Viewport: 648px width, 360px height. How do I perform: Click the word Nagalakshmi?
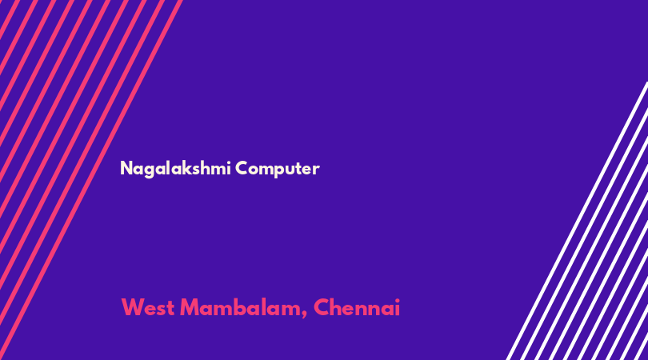coord(175,169)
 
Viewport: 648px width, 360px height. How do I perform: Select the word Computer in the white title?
coord(278,169)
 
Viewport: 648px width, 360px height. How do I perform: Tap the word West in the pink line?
coord(147,308)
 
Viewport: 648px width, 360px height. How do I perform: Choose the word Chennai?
coord(357,307)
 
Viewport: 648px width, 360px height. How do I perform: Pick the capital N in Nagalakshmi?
coord(126,168)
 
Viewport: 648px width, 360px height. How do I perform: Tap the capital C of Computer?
coord(242,168)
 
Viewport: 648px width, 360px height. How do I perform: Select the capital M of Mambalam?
coord(190,307)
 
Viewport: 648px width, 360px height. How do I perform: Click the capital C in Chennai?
coord(321,307)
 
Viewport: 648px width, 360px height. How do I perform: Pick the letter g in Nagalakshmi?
coord(149,170)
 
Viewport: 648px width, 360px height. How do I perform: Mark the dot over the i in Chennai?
coord(397,301)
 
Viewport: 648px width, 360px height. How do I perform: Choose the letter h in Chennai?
coord(336,307)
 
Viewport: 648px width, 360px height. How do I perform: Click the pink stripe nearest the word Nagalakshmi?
coord(90,180)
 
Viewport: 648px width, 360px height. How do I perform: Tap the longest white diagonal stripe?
coord(577,221)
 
